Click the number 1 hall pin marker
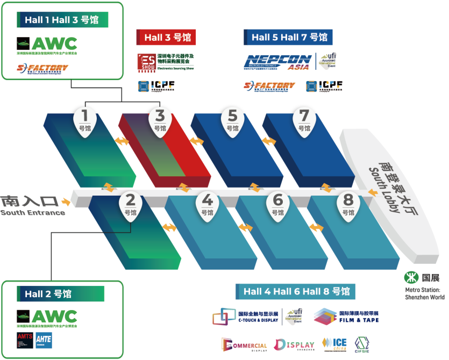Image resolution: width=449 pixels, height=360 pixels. [85, 120]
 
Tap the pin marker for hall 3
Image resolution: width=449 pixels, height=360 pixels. [160, 120]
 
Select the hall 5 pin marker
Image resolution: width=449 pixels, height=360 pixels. [232, 120]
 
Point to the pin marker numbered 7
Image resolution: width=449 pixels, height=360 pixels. [304, 120]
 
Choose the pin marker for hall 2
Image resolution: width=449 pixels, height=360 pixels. [130, 205]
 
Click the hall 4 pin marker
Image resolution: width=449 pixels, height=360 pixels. [208, 205]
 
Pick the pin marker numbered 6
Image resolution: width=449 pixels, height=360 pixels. [277, 205]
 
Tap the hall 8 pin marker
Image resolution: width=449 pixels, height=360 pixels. [348, 205]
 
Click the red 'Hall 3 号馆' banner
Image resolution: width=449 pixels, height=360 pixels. [166, 38]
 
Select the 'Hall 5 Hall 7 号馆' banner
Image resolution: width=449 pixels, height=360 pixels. [289, 38]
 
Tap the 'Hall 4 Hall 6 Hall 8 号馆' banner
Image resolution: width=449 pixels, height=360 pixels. [296, 291]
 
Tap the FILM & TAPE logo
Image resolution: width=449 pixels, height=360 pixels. [346, 316]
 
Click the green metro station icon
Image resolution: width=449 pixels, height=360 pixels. [411, 277]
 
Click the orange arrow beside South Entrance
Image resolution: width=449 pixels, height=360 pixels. [66, 202]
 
